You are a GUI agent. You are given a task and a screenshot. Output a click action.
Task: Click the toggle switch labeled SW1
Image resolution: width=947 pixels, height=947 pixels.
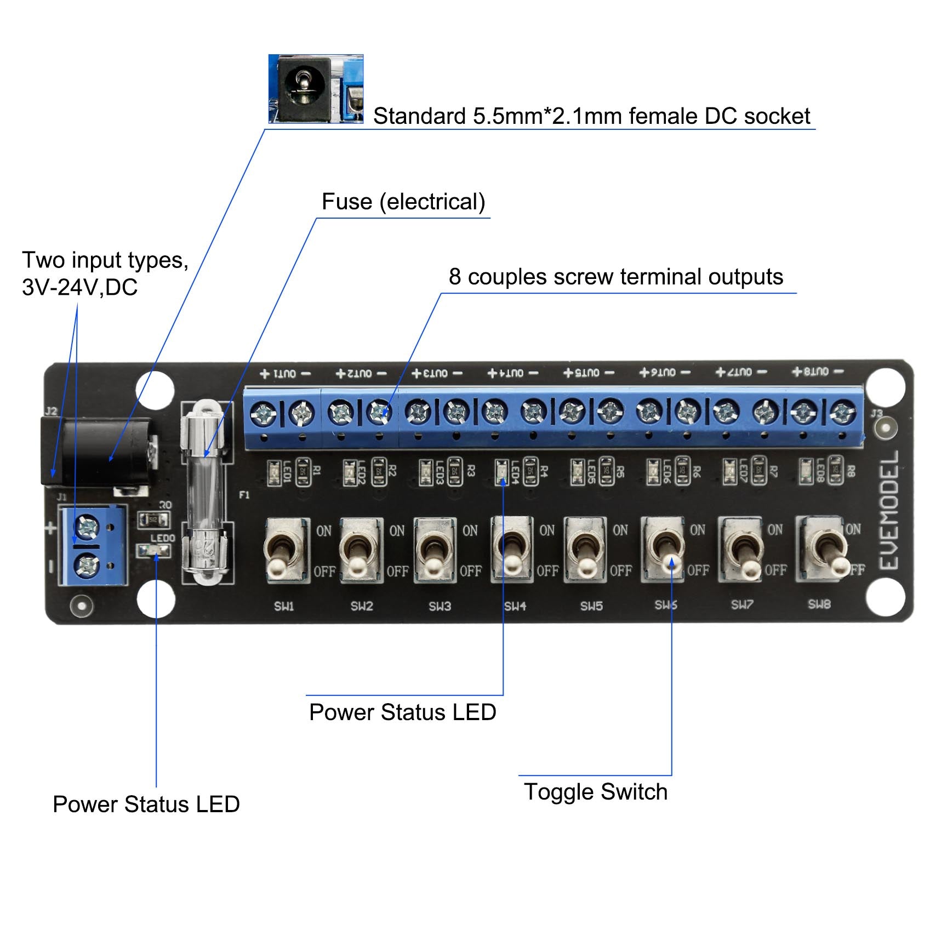[x=283, y=550]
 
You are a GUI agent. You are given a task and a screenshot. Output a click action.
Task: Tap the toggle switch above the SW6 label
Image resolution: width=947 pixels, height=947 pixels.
[x=664, y=550]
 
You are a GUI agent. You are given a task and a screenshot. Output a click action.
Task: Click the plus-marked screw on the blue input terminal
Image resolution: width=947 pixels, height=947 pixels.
[x=87, y=527]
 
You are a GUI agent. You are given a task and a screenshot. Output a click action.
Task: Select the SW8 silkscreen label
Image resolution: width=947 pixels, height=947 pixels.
[x=819, y=604]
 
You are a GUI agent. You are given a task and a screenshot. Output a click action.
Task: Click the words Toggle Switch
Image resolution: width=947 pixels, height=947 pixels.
[x=595, y=792]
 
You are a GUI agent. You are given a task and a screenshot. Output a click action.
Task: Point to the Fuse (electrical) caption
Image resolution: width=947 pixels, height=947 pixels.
[x=403, y=202]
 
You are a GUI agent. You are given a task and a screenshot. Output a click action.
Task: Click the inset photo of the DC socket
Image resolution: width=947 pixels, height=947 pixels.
[x=316, y=88]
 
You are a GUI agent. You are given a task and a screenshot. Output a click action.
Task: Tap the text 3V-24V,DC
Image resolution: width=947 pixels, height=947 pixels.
[x=80, y=287]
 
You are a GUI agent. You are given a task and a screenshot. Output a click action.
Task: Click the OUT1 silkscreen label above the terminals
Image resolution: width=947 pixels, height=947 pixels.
[x=285, y=374]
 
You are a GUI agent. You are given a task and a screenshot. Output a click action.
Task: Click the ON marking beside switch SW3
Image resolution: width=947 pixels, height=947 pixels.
[x=470, y=530]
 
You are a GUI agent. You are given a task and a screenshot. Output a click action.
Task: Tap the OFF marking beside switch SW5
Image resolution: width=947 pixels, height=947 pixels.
[x=620, y=571]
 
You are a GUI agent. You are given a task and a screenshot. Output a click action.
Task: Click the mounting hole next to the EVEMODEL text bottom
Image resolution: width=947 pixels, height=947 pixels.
[x=885, y=597]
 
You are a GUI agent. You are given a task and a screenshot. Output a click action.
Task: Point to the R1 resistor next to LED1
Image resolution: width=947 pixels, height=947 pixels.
[x=303, y=471]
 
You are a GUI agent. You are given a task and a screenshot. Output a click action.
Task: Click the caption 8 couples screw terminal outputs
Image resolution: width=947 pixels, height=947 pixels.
[x=615, y=277]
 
